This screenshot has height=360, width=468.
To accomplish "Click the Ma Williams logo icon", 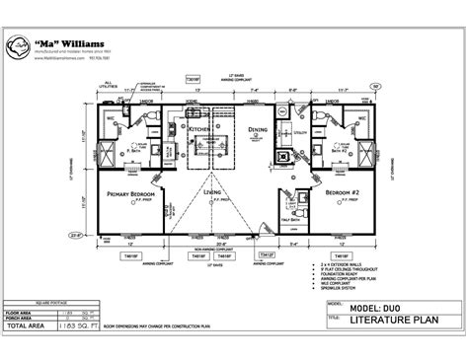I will (x=20, y=46).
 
